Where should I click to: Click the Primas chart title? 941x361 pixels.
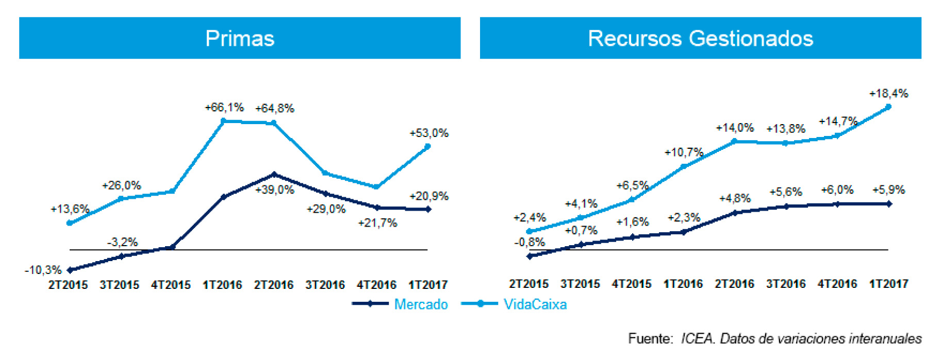coord(240,39)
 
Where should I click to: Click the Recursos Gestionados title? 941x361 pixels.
coord(700,39)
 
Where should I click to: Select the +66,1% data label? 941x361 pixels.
coord(224,108)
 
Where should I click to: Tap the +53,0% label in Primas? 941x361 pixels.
coord(429,133)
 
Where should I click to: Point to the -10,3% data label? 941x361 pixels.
coord(43,270)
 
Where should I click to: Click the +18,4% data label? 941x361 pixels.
coord(888,94)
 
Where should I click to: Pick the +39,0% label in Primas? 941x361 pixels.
coord(275,190)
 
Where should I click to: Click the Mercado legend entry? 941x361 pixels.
coord(421,304)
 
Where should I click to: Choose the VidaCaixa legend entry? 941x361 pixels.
coord(535,304)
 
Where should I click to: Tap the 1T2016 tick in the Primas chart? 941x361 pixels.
coord(222,285)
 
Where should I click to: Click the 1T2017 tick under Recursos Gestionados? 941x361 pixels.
coord(888,284)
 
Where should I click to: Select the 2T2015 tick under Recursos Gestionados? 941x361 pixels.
coord(529,284)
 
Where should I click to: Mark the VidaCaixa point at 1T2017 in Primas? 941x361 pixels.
coord(427,147)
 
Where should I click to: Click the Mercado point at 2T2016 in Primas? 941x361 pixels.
coord(274,174)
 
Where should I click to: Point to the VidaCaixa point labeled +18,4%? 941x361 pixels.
coord(888,107)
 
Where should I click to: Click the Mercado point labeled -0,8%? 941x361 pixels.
coord(530,256)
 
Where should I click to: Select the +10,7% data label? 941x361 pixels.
coord(684,152)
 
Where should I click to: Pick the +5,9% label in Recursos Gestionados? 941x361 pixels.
coord(888,190)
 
